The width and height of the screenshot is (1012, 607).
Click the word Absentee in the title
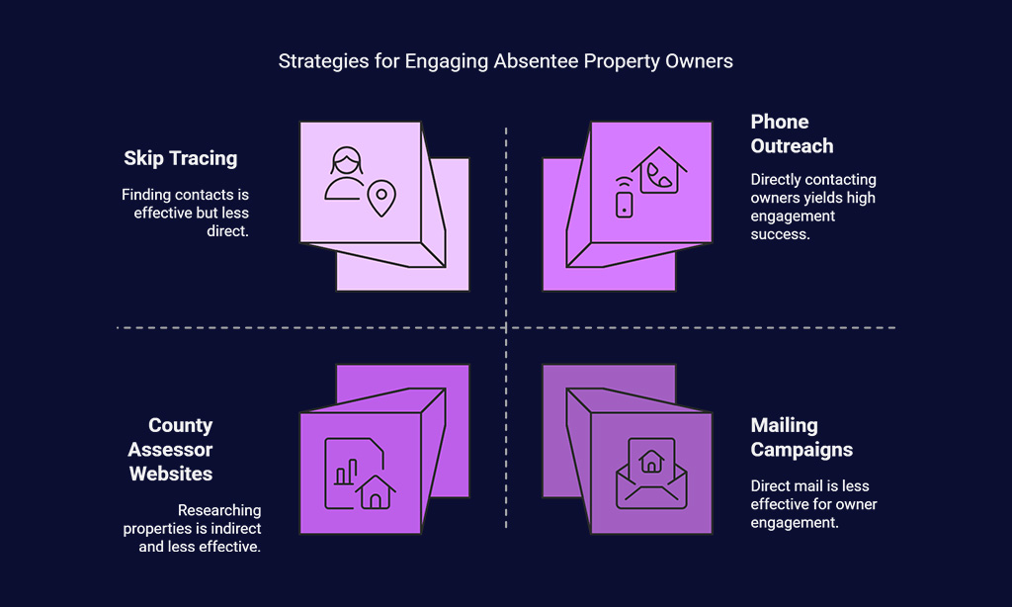[x=537, y=60]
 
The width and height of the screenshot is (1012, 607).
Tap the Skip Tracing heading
[x=181, y=158]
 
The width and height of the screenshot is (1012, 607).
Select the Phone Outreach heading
[x=792, y=133]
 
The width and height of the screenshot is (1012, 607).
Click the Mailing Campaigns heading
[x=801, y=437]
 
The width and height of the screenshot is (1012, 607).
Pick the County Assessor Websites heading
[x=170, y=450]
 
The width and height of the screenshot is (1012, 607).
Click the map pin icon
[x=381, y=199]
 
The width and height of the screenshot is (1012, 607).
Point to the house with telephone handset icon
[x=659, y=170]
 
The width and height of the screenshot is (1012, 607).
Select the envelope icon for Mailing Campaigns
[x=651, y=474]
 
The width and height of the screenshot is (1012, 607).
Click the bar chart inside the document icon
[x=346, y=472]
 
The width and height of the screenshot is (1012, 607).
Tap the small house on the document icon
[x=375, y=492]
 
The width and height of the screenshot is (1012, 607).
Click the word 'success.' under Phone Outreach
[x=780, y=234]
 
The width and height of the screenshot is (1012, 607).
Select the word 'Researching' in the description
[x=219, y=510]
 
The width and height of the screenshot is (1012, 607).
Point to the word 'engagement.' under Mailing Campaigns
[x=795, y=522]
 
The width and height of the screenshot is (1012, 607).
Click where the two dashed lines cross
[x=506, y=328]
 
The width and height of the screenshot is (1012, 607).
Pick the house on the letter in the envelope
[x=651, y=461]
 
